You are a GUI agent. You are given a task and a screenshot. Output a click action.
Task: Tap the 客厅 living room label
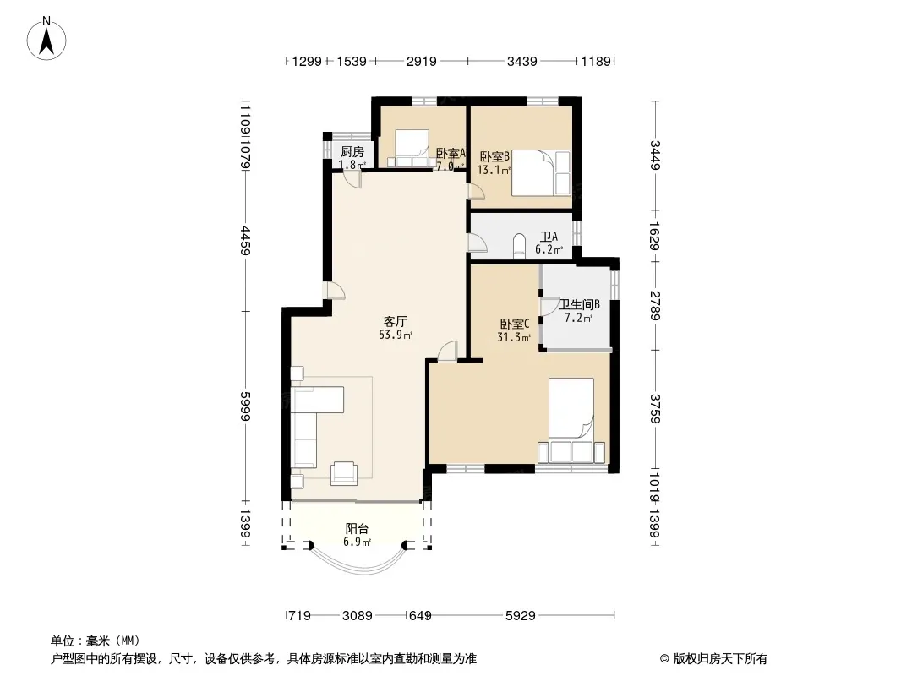tap(396, 321)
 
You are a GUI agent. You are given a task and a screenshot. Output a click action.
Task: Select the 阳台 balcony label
tap(357, 529)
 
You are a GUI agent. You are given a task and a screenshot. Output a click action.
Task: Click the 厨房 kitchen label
tap(352, 151)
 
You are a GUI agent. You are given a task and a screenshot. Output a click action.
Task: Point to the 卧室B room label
tap(494, 156)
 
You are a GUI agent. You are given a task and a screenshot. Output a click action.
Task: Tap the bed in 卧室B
tap(540, 173)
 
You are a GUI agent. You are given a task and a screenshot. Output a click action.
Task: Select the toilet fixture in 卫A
tap(519, 245)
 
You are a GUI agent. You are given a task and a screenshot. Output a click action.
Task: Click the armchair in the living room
tap(344, 473)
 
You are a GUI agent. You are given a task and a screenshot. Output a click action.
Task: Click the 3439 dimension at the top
tap(521, 61)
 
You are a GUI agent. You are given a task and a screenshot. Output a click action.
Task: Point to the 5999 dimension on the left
tap(245, 406)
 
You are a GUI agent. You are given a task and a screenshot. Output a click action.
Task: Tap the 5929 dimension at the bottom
tap(520, 616)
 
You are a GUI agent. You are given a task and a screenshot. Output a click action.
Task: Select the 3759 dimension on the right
tap(655, 408)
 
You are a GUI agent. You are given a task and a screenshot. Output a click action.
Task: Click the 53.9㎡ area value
tap(396, 335)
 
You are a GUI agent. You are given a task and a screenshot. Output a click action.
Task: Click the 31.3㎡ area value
tap(514, 337)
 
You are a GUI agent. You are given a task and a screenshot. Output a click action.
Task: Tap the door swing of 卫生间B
tap(549, 306)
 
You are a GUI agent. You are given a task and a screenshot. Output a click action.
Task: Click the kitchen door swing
tap(352, 179)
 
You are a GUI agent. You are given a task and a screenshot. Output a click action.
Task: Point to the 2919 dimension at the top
tap(421, 61)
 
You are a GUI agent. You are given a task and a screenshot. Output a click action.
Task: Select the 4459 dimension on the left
tap(245, 240)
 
